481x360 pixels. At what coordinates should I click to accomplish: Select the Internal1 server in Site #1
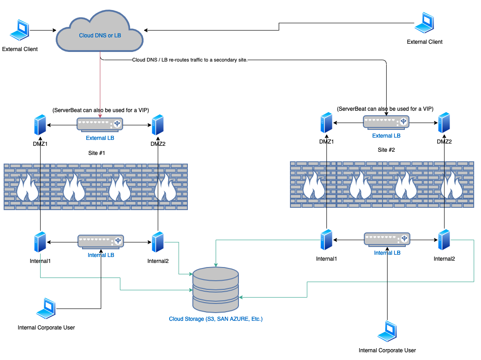[40, 242]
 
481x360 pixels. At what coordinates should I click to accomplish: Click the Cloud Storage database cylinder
[215, 289]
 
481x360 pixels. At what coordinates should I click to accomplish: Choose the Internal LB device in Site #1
[101, 241]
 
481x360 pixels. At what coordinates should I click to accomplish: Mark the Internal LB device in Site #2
[387, 239]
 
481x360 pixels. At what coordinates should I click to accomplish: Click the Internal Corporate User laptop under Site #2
[387, 332]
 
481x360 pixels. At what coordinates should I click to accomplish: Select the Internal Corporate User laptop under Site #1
[46, 309]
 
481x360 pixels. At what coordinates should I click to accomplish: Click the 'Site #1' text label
[96, 153]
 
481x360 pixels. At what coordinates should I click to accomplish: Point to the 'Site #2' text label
[387, 150]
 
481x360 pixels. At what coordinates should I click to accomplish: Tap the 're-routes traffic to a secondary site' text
[190, 60]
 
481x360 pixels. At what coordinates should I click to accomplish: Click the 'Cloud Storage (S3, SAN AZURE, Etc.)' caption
[216, 319]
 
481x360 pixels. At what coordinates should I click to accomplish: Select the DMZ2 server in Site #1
[158, 125]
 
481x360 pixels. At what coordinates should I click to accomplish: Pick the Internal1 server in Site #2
[326, 240]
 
